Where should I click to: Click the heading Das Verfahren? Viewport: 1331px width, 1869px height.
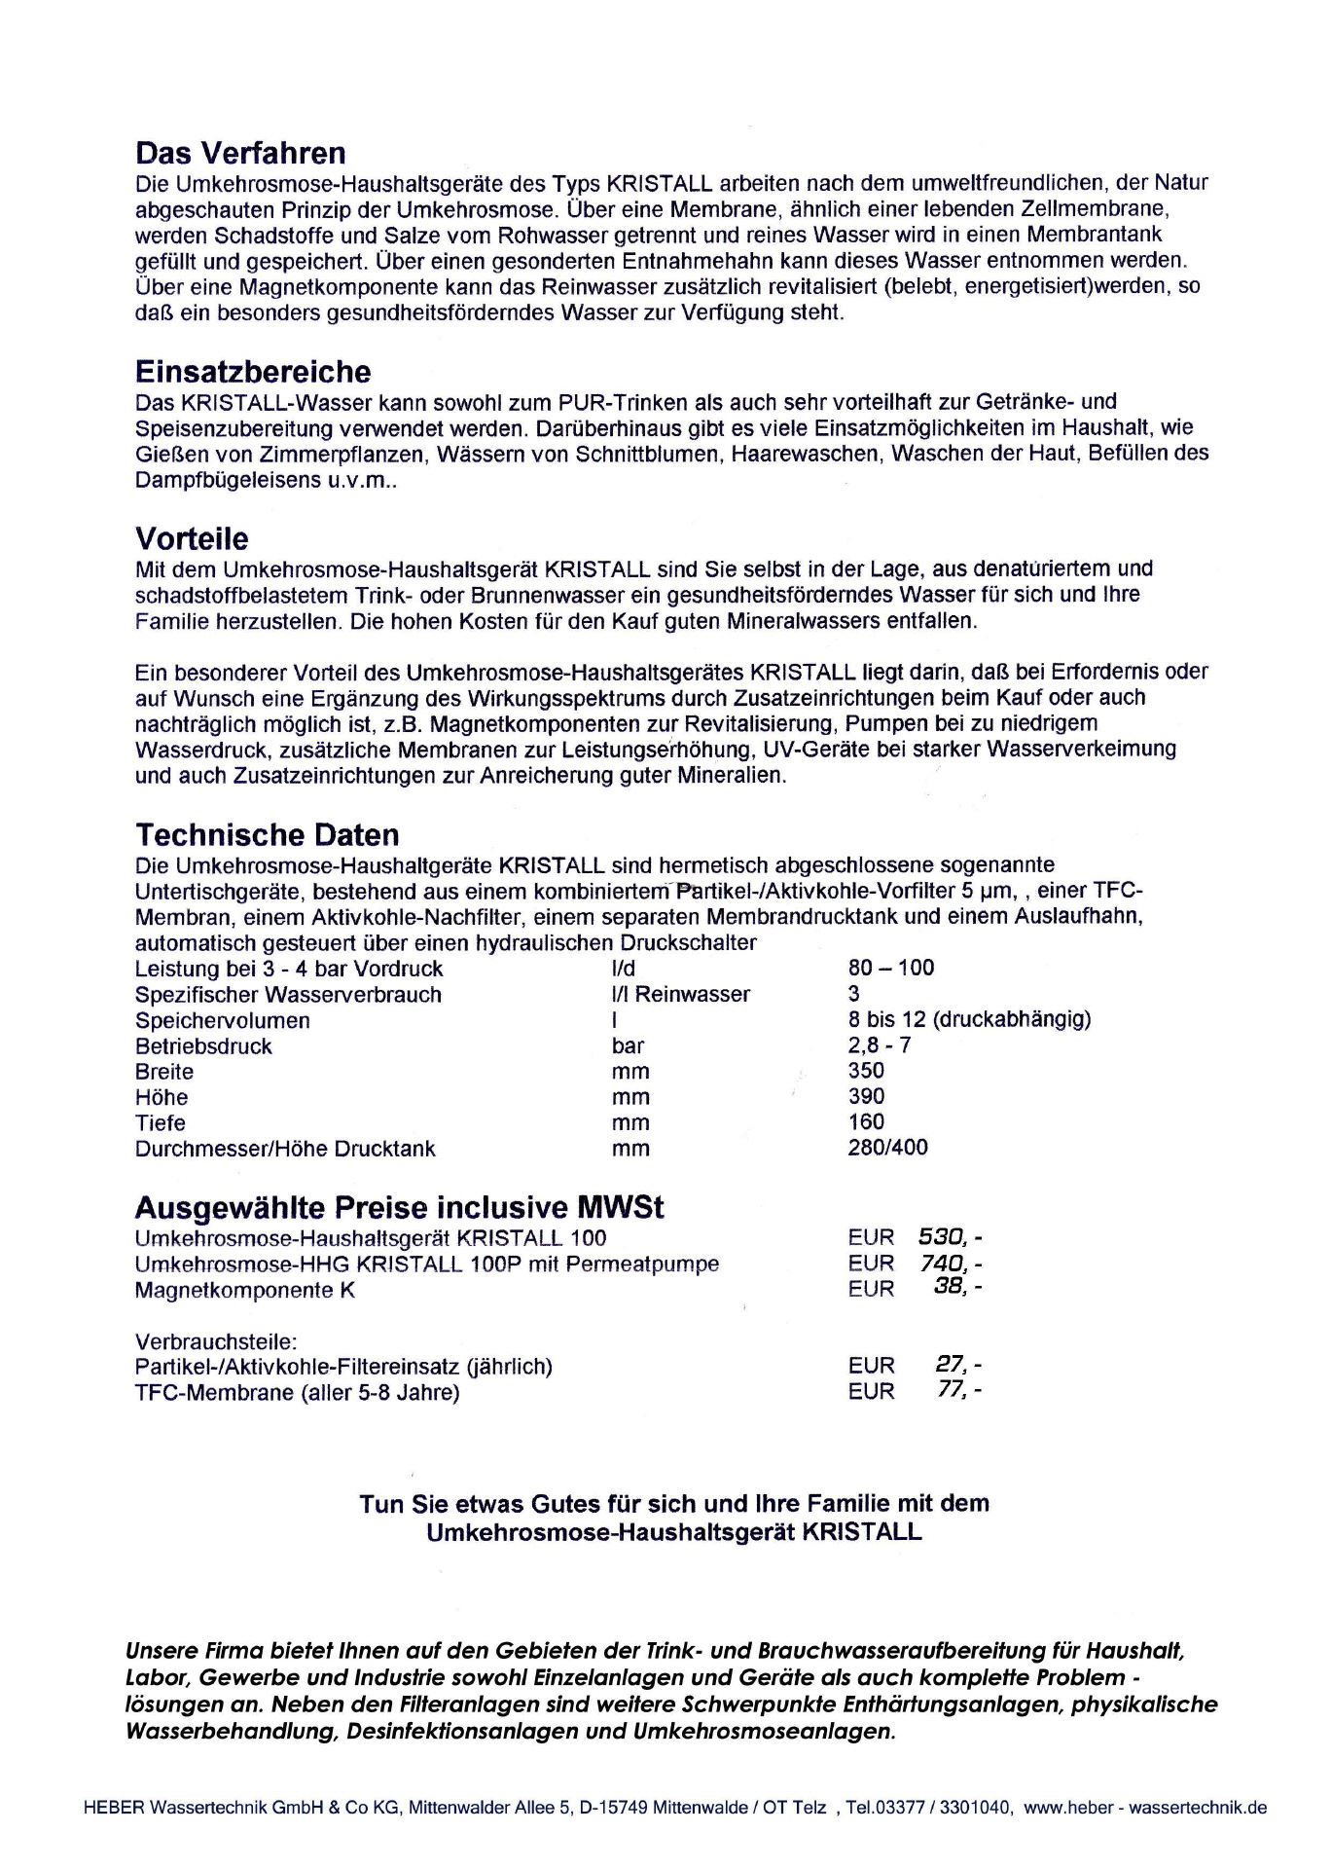[x=240, y=154]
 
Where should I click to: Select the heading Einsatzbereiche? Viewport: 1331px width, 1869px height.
[x=253, y=372]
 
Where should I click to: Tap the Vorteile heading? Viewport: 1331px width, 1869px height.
[x=192, y=539]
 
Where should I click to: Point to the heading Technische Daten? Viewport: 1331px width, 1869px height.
[x=268, y=835]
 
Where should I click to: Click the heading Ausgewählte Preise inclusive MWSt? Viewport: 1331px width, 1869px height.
[x=399, y=1208]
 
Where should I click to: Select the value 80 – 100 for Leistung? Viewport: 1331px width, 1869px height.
[x=890, y=968]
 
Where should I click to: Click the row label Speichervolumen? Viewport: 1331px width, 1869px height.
[x=222, y=1020]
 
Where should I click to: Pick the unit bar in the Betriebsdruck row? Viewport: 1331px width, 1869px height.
[x=628, y=1045]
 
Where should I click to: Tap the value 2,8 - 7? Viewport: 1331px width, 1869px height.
[x=880, y=1044]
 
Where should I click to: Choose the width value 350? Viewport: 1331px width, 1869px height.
[x=866, y=1070]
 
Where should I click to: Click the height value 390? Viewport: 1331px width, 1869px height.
[x=866, y=1096]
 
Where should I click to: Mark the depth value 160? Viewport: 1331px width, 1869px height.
[x=866, y=1121]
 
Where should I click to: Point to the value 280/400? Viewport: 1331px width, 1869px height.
[x=887, y=1148]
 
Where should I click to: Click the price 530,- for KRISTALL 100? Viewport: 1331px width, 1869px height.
[x=950, y=1237]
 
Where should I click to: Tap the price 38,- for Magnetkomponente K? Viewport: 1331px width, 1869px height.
[x=957, y=1288]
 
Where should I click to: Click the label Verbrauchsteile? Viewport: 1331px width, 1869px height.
[x=216, y=1340]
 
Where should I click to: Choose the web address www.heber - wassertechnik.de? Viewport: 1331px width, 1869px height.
[x=1145, y=1808]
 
